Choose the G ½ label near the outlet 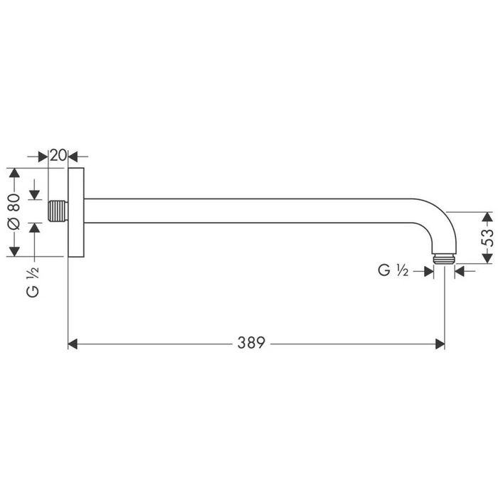(392, 270)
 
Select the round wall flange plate (75, 212)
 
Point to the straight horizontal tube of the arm (249, 211)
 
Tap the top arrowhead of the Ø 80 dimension (13, 174)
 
